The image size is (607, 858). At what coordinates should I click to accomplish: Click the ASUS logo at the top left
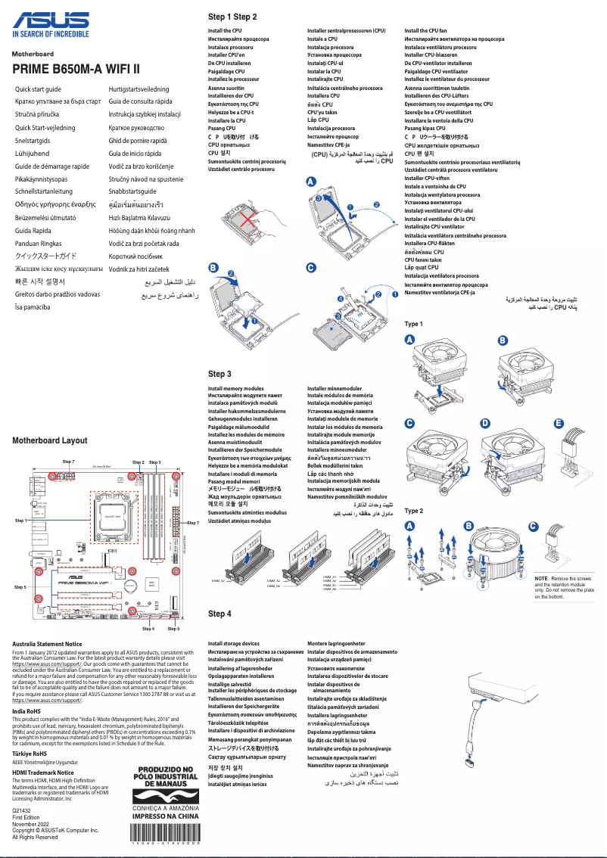pyautogui.click(x=49, y=20)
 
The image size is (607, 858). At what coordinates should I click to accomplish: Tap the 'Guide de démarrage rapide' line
pyautogui.click(x=52, y=166)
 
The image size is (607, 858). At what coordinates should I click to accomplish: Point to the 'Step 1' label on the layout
pyautogui.click(x=20, y=521)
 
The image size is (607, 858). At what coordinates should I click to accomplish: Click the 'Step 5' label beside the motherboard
pyautogui.click(x=20, y=586)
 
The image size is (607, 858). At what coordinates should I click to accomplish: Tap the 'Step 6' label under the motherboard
pyautogui.click(x=173, y=629)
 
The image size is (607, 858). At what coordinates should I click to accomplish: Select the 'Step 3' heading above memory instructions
pyautogui.click(x=219, y=374)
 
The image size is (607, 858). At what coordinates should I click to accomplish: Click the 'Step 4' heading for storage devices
pyautogui.click(x=219, y=614)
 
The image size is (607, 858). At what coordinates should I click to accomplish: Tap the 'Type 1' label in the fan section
pyautogui.click(x=413, y=324)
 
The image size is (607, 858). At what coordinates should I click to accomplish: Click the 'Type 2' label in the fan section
pyautogui.click(x=413, y=511)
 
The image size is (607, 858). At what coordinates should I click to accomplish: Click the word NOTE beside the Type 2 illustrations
pyautogui.click(x=543, y=578)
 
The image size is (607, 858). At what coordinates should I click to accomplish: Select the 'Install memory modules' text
pyautogui.click(x=235, y=388)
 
